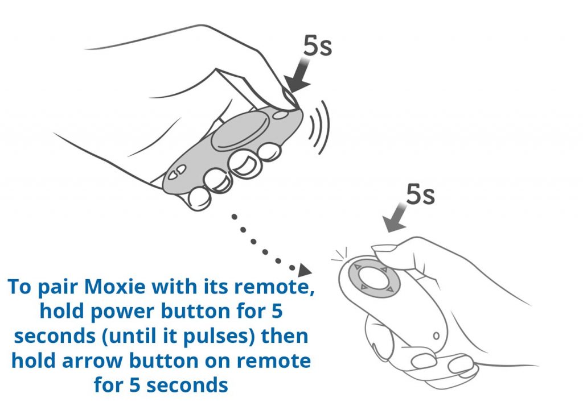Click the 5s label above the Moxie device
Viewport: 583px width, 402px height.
(317, 45)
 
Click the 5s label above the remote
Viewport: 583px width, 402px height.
(420, 194)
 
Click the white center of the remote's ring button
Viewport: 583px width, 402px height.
(373, 279)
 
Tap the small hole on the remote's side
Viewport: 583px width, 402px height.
(436, 336)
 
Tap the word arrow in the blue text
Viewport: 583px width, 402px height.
(92, 361)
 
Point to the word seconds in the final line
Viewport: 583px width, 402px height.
(187, 386)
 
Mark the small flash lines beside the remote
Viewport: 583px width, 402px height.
(339, 255)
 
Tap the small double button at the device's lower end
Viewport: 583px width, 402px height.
(176, 172)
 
